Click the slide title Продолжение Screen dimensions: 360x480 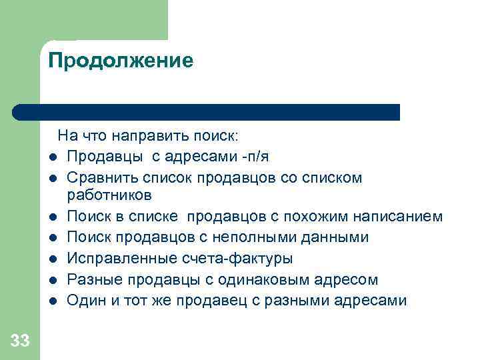tap(121, 61)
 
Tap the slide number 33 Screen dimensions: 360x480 tap(20, 341)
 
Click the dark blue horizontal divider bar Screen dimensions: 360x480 tap(207, 112)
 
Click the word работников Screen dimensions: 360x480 tap(109, 196)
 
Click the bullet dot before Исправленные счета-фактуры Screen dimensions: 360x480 tap(52, 259)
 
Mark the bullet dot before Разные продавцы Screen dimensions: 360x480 tap(52, 280)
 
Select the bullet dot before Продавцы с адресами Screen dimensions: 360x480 tap(52, 157)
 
